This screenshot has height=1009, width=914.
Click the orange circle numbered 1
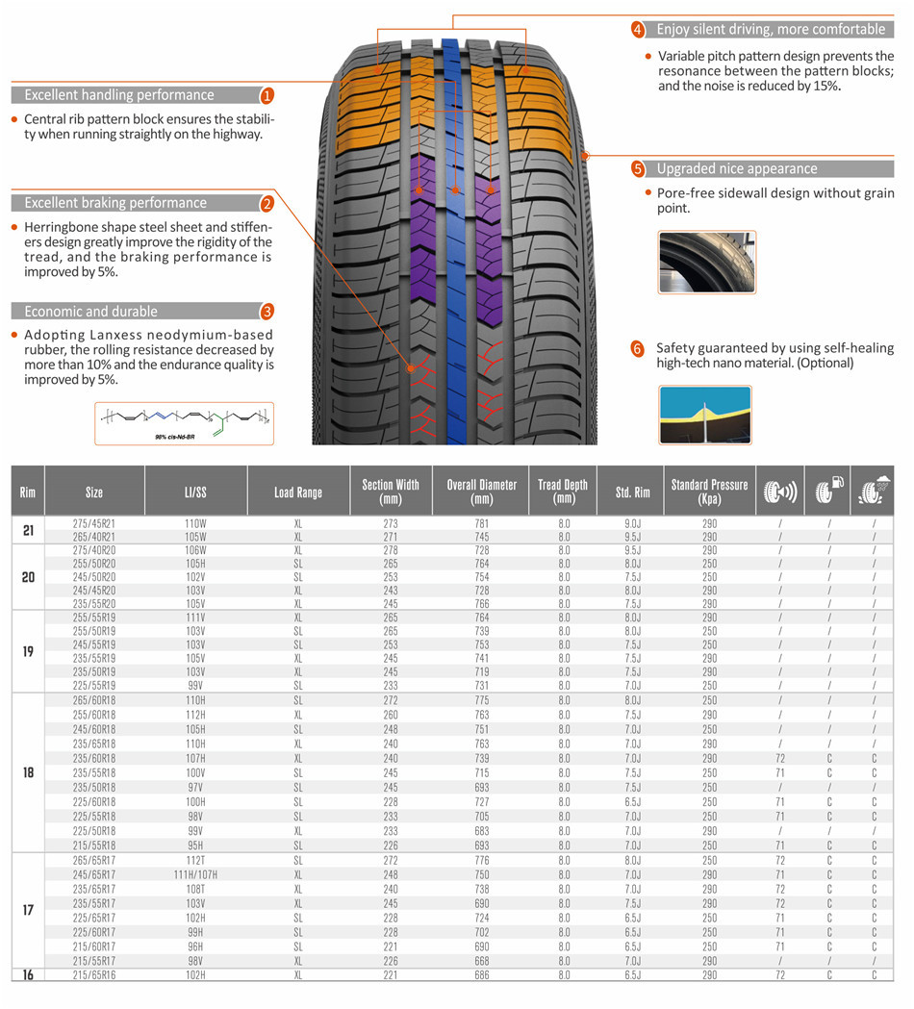[x=267, y=95]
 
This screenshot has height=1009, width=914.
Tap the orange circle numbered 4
[x=638, y=30]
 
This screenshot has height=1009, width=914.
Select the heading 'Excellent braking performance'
[x=115, y=203]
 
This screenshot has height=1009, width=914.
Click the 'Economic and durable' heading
[x=91, y=312]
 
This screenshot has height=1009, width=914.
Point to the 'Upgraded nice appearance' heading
[x=736, y=169]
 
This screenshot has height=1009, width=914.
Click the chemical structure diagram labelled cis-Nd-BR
[x=184, y=423]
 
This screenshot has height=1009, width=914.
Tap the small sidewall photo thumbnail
[x=707, y=262]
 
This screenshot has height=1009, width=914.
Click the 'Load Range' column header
[x=297, y=492]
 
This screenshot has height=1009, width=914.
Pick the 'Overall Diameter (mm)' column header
[x=481, y=492]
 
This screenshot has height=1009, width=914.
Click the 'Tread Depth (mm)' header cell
[x=563, y=492]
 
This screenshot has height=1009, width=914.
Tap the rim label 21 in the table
[x=28, y=530]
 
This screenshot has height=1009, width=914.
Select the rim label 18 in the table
[x=28, y=772]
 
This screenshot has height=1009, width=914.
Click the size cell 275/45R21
[x=94, y=524]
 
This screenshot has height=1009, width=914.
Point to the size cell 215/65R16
[x=94, y=975]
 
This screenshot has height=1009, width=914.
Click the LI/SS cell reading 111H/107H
[x=196, y=875]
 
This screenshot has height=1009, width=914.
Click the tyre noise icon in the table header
[x=779, y=492]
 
